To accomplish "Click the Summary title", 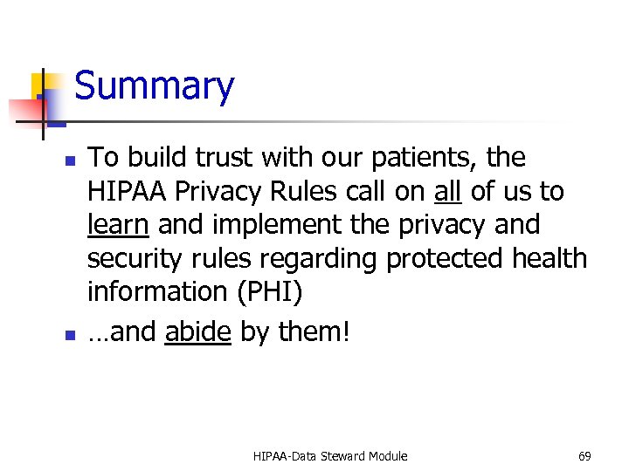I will [x=155, y=86].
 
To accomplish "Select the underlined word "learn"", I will [x=118, y=224].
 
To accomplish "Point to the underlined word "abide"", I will [x=197, y=332].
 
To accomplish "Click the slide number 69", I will [x=584, y=456].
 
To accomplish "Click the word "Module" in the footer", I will [x=388, y=456].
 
